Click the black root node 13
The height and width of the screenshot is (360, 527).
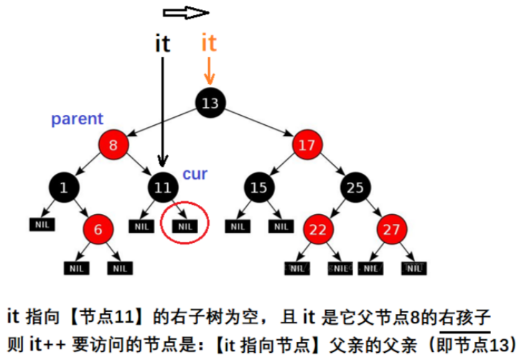[x=210, y=103]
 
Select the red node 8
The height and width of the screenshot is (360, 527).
[x=113, y=146]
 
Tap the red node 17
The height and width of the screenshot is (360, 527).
[x=307, y=146]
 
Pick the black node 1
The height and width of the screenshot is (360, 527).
[x=65, y=188]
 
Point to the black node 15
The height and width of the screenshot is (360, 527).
[x=258, y=188]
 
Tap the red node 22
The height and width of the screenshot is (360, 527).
[x=317, y=231]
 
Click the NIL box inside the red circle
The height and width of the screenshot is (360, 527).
[x=185, y=226]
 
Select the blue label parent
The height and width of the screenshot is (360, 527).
[x=77, y=119]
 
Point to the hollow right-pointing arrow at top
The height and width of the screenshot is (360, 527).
[x=185, y=12]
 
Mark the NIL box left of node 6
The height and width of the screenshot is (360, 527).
[x=40, y=226]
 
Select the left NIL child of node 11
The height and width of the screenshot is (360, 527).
[x=139, y=226]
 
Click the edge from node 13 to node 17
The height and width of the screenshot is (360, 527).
[x=258, y=124]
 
